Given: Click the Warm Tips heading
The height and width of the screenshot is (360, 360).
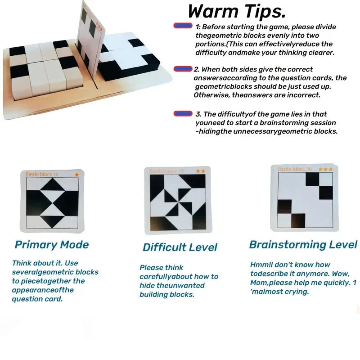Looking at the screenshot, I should pyautogui.click(x=237, y=11).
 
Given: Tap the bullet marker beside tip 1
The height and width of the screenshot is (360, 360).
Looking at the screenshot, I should pyautogui.click(x=183, y=27).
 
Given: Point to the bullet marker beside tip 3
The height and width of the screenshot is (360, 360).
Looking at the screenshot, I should pyautogui.click(x=183, y=114).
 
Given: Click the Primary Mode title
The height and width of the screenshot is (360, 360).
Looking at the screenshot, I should pyautogui.click(x=52, y=245).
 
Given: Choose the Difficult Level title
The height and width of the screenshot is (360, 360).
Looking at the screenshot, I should pyautogui.click(x=180, y=247).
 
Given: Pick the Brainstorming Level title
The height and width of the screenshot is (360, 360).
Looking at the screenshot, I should pyautogui.click(x=303, y=245).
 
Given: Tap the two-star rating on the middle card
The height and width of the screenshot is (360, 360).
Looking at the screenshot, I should pyautogui.click(x=201, y=171).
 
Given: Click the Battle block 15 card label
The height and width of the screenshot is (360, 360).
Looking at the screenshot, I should pyautogui.click(x=42, y=174).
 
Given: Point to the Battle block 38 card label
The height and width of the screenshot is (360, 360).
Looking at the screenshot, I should pyautogui.click(x=295, y=169).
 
